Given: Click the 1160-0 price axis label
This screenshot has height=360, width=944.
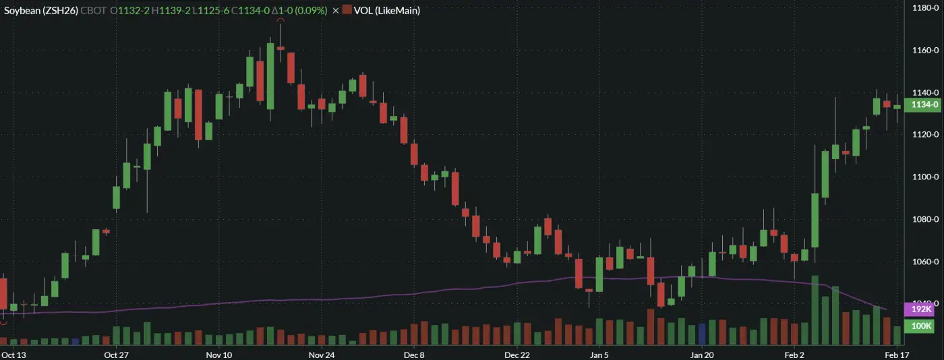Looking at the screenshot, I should point(920,51).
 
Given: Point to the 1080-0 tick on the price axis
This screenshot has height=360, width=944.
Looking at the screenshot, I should point(920,219).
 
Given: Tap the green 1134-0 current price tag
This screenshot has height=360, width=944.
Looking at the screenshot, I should point(921,104).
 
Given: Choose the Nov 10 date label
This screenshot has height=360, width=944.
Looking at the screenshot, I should point(218,355).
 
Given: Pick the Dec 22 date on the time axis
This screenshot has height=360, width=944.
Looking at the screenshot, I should point(517,355).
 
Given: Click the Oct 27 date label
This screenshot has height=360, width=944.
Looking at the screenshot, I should point(117,355).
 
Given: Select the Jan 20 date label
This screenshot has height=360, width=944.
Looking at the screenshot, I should point(702,355).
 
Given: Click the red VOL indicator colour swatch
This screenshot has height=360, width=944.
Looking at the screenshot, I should point(347,11).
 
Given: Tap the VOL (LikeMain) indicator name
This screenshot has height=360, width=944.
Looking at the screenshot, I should point(387,11).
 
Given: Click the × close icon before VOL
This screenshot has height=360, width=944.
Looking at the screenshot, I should point(335,11).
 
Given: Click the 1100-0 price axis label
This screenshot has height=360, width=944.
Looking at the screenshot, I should point(920,177).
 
